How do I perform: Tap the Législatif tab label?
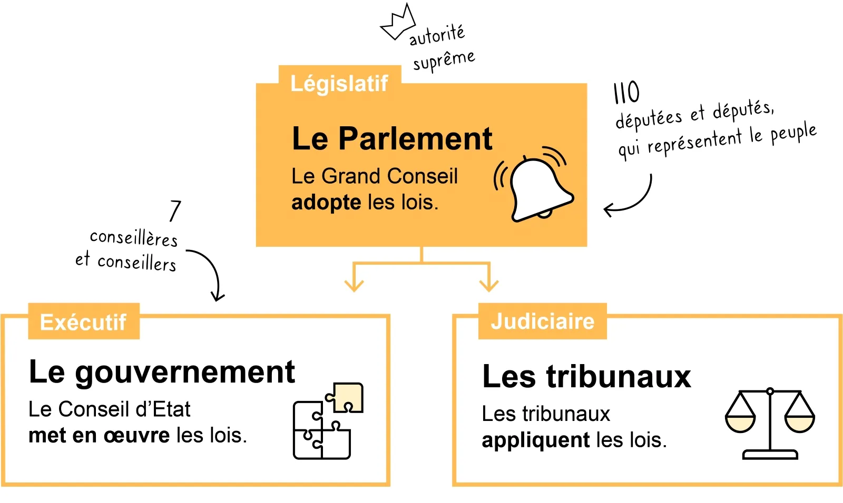[x=339, y=84]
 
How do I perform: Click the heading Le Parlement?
[x=391, y=139]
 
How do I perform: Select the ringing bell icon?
[x=536, y=187]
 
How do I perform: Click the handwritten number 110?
[x=626, y=93]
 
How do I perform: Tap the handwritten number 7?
[x=175, y=211]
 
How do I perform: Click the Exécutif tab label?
[x=83, y=322]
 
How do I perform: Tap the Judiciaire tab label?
[x=542, y=321]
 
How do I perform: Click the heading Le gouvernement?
[x=161, y=372]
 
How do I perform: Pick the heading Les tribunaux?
[x=586, y=377]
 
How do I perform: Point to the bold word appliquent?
[x=535, y=440]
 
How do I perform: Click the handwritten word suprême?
[x=444, y=60]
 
